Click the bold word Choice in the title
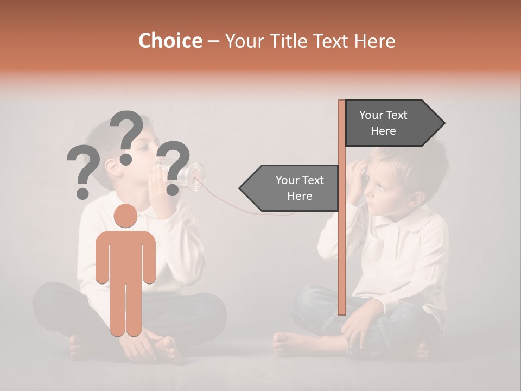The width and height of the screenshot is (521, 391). [170, 41]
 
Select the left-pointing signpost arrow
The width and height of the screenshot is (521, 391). [290, 188]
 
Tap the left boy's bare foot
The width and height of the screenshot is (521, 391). [163, 348]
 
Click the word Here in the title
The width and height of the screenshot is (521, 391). [374, 41]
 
